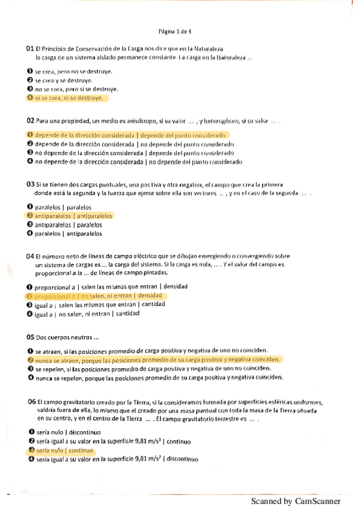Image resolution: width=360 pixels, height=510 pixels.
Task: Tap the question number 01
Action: [x=29, y=48]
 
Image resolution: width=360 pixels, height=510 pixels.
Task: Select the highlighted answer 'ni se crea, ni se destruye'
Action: [x=69, y=97]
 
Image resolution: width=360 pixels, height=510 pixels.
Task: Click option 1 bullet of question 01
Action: [x=29, y=72]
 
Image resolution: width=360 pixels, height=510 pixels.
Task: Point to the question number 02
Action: [x=29, y=121]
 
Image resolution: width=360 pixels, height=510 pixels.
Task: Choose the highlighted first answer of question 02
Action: [x=129, y=135]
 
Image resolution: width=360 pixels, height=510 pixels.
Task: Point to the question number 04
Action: [x=29, y=256]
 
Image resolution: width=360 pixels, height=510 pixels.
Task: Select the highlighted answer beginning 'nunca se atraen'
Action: [x=157, y=360]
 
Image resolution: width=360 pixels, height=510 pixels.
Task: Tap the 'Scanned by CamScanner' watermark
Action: [x=296, y=501]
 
